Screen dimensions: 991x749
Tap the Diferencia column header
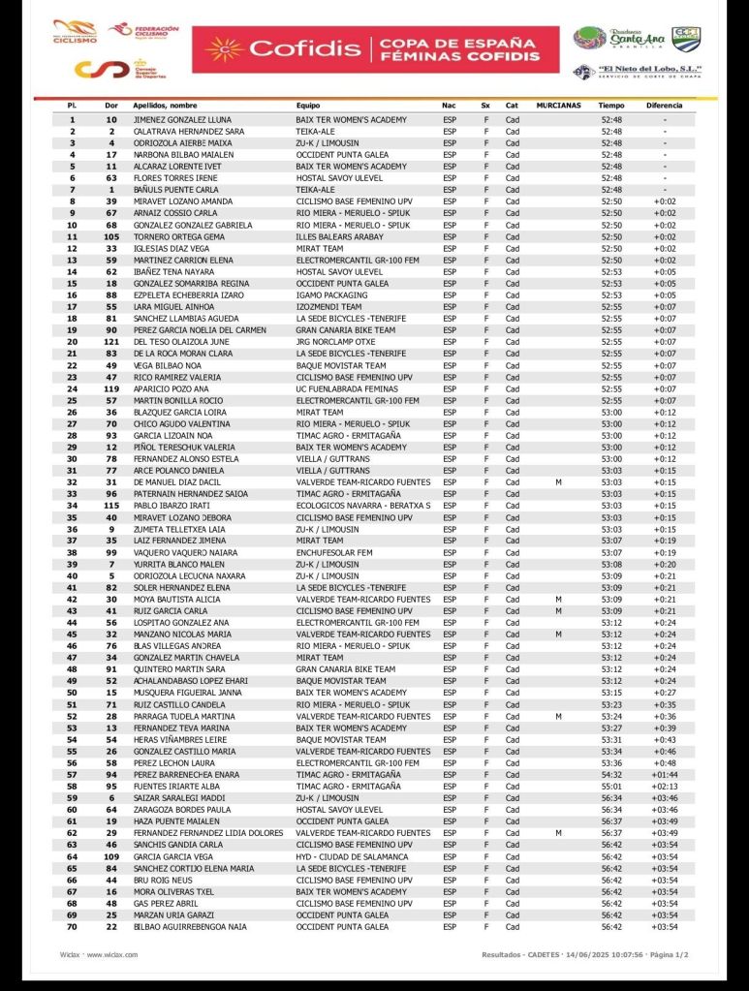pos(665,105)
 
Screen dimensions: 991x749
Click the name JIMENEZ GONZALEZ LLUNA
pos(182,119)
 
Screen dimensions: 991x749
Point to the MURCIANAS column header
pos(558,105)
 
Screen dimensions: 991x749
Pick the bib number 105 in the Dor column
pos(111,236)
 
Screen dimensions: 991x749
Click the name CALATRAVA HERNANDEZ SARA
pos(189,131)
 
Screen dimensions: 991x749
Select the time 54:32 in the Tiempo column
pos(611,775)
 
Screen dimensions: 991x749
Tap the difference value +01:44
pos(665,775)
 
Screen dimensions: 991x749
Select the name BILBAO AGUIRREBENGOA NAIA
pos(190,927)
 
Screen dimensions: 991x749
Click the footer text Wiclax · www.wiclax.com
pos(98,954)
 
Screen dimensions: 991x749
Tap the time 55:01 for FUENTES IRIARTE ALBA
pos(611,787)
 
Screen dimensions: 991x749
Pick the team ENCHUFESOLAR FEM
pos(334,552)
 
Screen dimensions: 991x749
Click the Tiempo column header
pos(611,105)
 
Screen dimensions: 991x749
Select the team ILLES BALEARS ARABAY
pos(341,236)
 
